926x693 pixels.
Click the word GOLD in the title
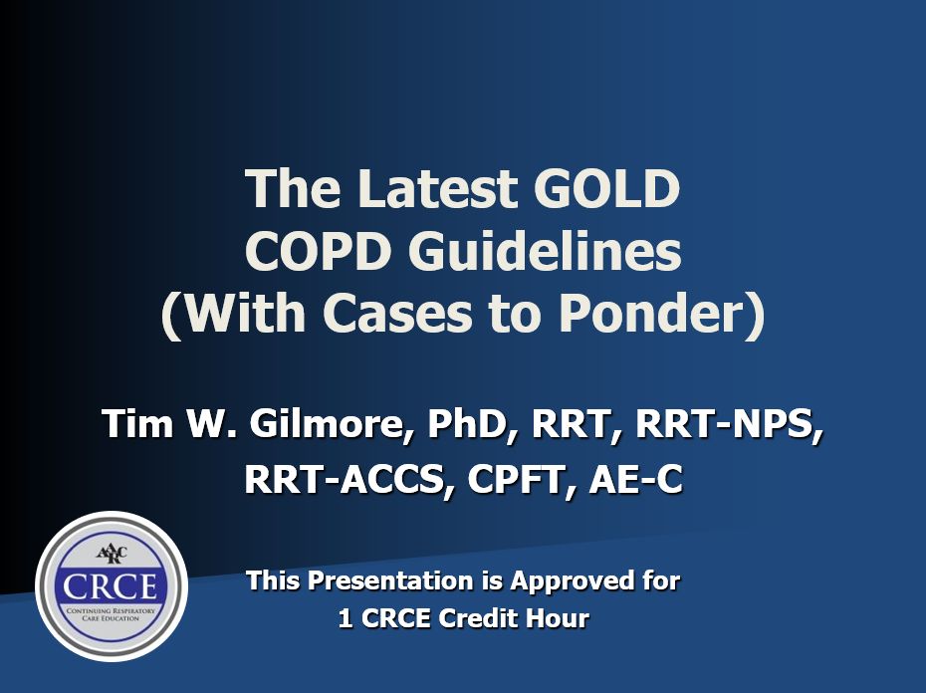[606, 188]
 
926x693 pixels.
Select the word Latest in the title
[436, 188]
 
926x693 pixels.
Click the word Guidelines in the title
[545, 251]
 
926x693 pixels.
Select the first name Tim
[137, 423]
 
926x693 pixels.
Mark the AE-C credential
[635, 479]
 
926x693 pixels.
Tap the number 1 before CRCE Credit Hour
[346, 618]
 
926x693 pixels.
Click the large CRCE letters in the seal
[111, 586]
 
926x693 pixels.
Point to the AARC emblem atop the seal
[112, 555]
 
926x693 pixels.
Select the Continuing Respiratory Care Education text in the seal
[112, 613]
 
